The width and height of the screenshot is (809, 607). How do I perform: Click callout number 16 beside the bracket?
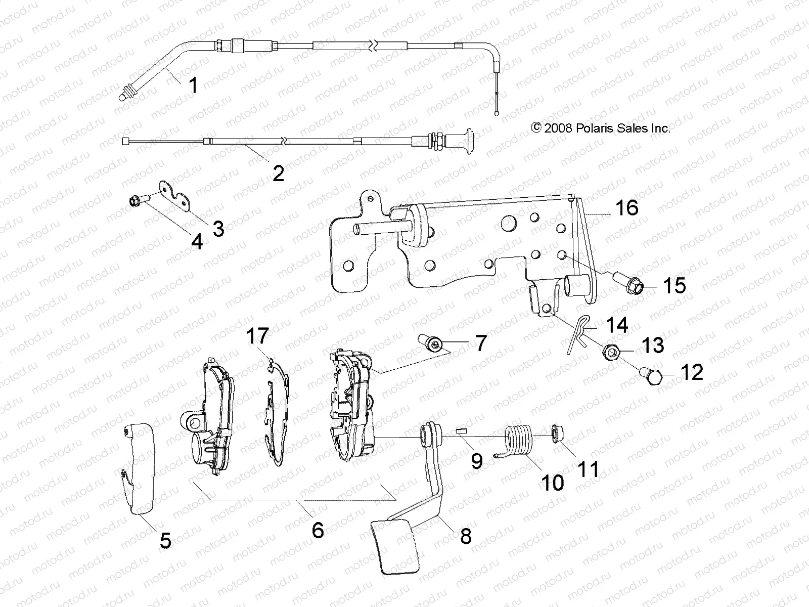click(626, 208)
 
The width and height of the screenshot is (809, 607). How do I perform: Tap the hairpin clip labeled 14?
click(576, 335)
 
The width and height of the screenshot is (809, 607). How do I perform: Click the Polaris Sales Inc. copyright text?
click(601, 128)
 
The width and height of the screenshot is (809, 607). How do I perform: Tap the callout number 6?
click(317, 530)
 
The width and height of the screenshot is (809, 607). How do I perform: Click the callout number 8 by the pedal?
click(465, 535)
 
